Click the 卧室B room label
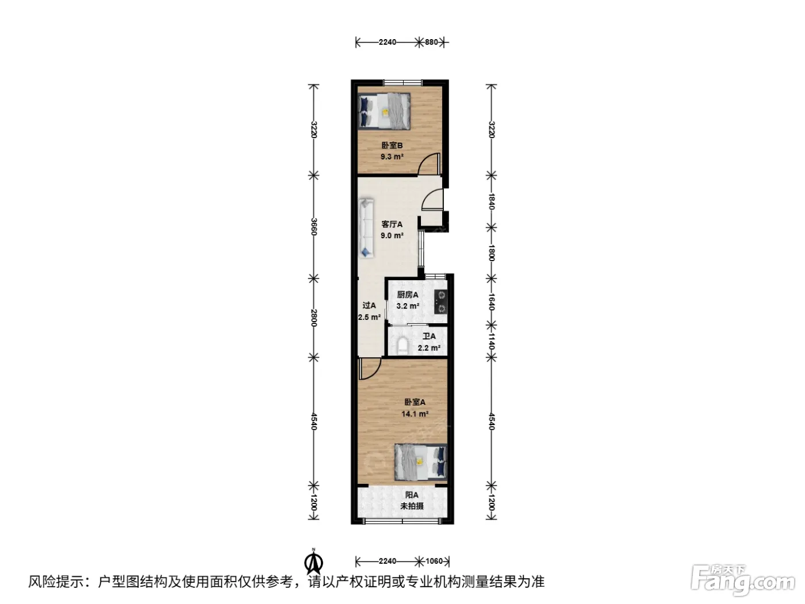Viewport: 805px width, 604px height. pyautogui.click(x=392, y=146)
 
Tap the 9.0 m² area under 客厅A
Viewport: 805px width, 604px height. pyautogui.click(x=392, y=235)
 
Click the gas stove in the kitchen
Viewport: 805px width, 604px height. pyautogui.click(x=440, y=302)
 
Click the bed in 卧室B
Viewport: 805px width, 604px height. pyautogui.click(x=384, y=111)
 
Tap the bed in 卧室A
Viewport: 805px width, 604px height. pyautogui.click(x=421, y=462)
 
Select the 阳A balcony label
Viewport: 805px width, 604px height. pyautogui.click(x=412, y=495)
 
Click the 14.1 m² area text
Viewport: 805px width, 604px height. pyautogui.click(x=415, y=414)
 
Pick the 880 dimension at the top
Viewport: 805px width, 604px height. pyautogui.click(x=431, y=42)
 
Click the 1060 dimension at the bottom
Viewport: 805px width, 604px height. pyautogui.click(x=434, y=561)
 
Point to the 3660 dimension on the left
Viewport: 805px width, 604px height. pyautogui.click(x=314, y=227)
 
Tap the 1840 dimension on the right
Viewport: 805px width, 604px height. pyautogui.click(x=492, y=201)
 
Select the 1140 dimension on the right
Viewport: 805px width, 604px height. pyautogui.click(x=492, y=341)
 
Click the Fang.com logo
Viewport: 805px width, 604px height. pyautogui.click(x=743, y=580)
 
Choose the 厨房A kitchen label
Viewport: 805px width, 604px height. pyautogui.click(x=408, y=295)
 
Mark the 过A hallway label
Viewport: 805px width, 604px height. pyautogui.click(x=369, y=305)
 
